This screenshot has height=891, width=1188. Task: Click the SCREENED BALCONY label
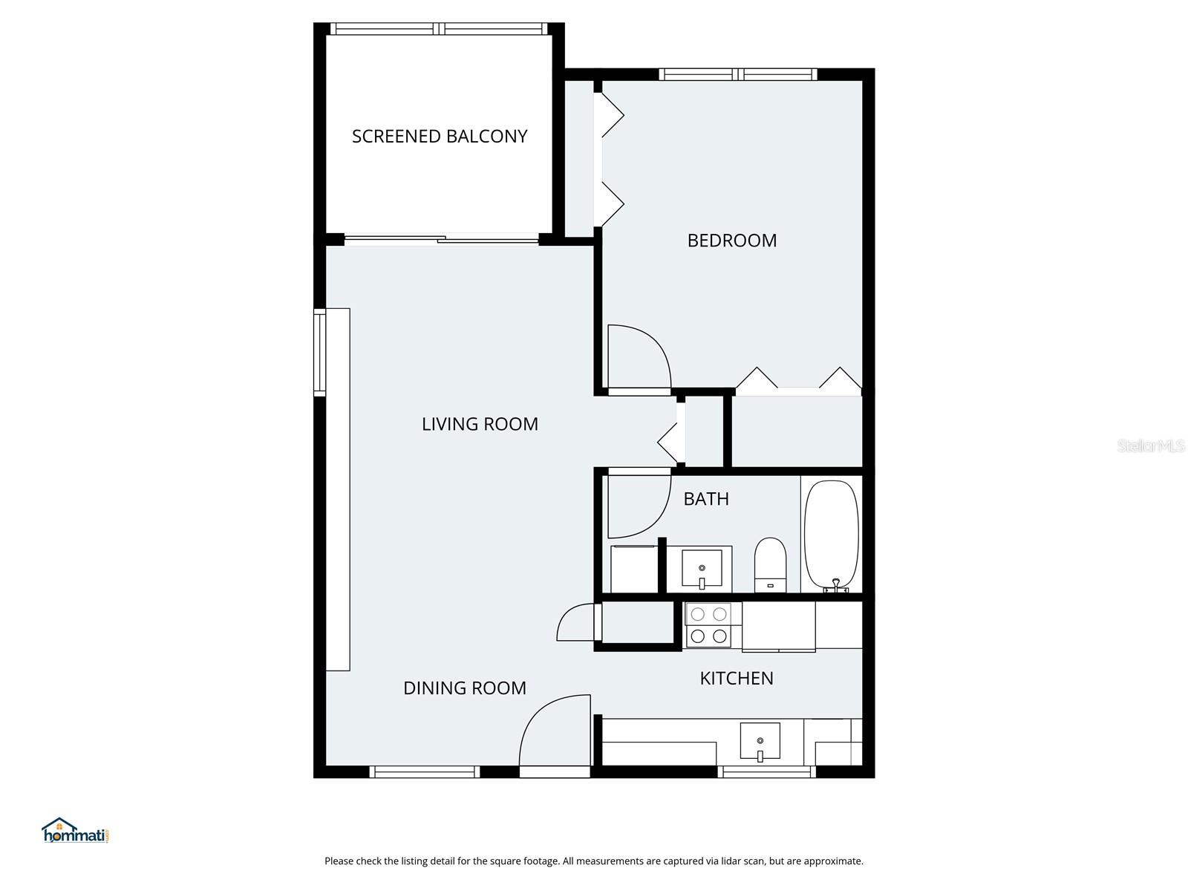440,137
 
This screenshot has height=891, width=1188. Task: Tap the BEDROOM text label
731,241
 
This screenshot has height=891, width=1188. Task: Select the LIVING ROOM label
480,424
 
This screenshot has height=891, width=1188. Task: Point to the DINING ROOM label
464,688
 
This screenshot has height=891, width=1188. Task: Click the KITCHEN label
736,678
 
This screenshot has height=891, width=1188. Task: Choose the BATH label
705,499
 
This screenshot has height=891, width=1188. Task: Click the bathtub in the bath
832,535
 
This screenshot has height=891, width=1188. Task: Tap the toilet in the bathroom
770,564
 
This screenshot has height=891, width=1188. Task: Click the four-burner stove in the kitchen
708,624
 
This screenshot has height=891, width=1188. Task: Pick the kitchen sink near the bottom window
760,742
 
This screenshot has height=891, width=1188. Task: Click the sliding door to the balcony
442,239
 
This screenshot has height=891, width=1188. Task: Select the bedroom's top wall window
737,74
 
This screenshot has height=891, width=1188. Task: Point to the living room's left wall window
320,352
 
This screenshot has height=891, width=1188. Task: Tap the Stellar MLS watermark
1150,446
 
